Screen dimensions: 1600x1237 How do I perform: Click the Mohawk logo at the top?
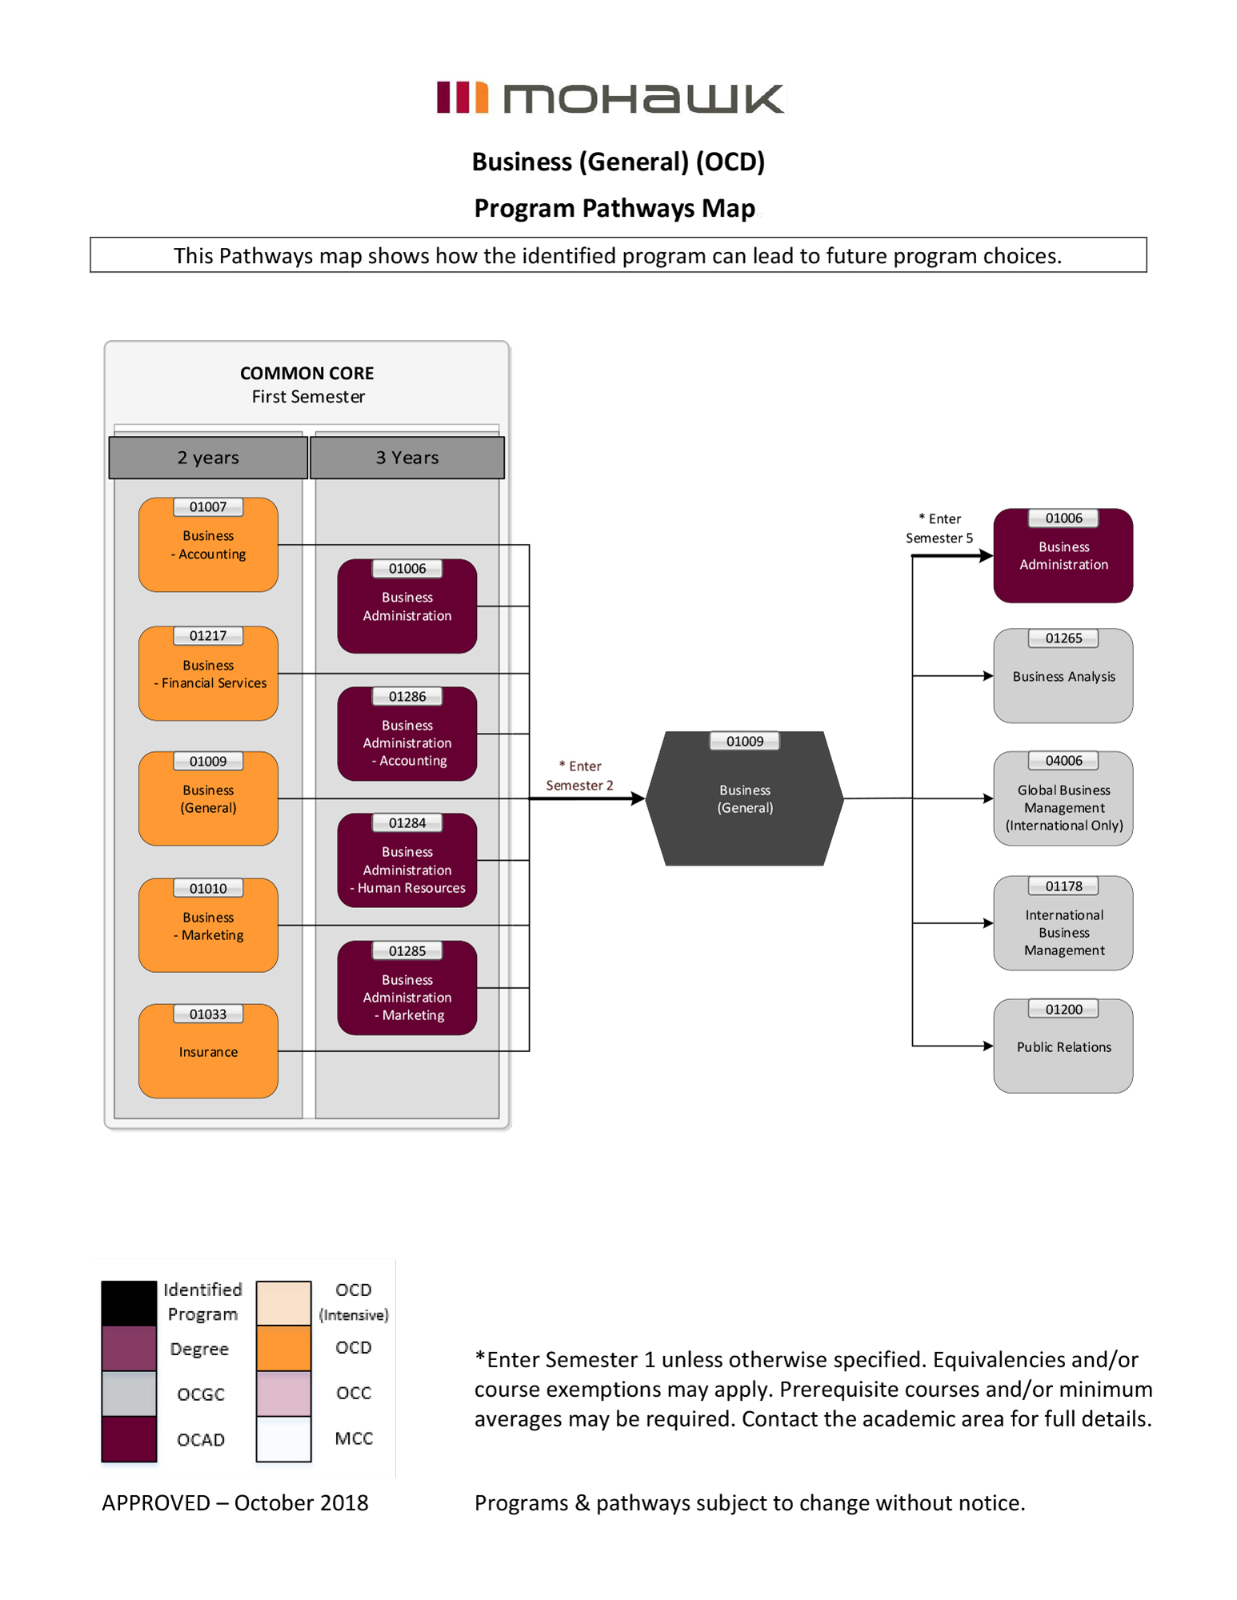(x=611, y=98)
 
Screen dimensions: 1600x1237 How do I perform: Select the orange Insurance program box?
(x=208, y=1051)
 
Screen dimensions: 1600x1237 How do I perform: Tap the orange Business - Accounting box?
(x=208, y=545)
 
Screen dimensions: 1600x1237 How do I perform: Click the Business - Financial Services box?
(x=208, y=674)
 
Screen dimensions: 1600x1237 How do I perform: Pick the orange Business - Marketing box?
(x=208, y=926)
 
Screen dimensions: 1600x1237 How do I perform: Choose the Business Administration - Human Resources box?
(x=407, y=861)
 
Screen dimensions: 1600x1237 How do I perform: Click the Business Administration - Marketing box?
(x=407, y=989)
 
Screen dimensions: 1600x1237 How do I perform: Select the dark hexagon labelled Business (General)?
(x=744, y=798)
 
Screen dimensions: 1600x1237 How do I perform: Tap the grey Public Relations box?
(x=1063, y=1046)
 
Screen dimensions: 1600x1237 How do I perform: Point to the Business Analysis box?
(x=1063, y=676)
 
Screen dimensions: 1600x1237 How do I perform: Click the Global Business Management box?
(x=1063, y=799)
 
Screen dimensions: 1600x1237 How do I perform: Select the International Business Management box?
(x=1063, y=924)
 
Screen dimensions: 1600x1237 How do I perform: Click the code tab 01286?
(x=407, y=697)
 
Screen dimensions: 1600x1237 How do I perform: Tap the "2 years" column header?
(x=208, y=458)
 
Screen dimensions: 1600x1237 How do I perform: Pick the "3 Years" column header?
(x=407, y=458)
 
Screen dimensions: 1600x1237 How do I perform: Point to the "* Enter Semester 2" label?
(x=580, y=775)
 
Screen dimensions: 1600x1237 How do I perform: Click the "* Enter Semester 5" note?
(x=939, y=528)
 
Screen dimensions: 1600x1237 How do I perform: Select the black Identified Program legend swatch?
(x=129, y=1302)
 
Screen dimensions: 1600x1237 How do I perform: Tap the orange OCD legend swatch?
(x=283, y=1348)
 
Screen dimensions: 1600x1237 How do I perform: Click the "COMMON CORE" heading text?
(x=307, y=374)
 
